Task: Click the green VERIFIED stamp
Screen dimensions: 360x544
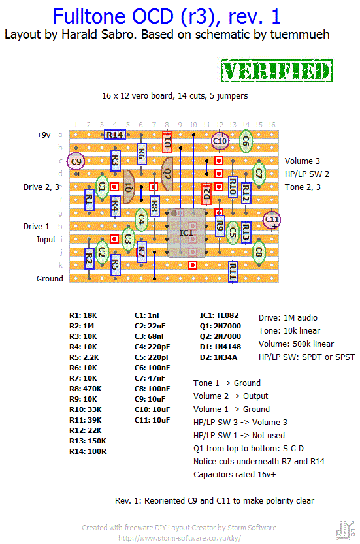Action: coord(276,71)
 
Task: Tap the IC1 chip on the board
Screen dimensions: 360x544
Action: coord(186,232)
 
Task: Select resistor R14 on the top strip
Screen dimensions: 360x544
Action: coord(114,135)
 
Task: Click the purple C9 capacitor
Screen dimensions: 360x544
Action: coord(76,161)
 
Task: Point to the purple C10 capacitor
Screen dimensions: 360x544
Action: coord(220,141)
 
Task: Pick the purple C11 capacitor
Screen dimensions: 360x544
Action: coord(272,219)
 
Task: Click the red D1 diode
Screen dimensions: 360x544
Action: coord(167,142)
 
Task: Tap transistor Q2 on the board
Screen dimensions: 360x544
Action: coord(167,174)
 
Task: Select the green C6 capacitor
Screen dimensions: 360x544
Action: coord(246,141)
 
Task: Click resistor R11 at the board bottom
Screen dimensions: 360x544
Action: coord(233,271)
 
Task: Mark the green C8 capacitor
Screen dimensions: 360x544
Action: coord(259,252)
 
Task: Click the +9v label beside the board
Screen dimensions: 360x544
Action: coord(44,135)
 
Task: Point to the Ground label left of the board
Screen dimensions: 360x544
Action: coord(50,279)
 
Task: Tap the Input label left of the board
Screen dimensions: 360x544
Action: coord(46,240)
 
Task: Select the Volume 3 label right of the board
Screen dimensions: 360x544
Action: coord(303,161)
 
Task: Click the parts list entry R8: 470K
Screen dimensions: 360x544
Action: coord(86,389)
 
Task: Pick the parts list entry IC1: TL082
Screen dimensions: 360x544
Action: coord(219,315)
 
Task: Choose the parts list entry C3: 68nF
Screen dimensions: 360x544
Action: coord(150,336)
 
